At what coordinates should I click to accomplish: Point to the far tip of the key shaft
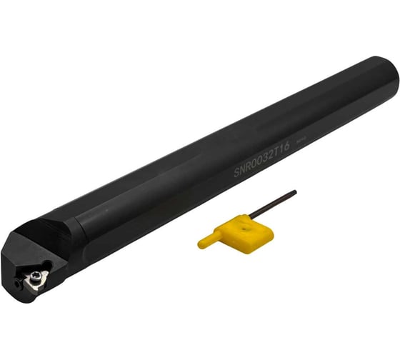tap(294, 192)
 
